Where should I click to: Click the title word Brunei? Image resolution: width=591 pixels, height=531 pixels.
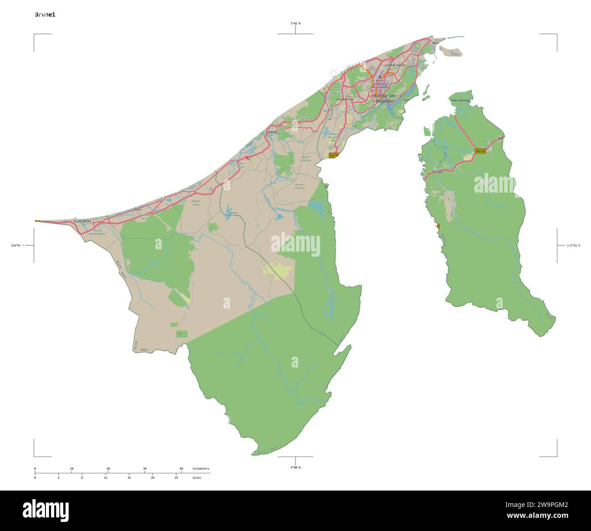pyautogui.click(x=45, y=15)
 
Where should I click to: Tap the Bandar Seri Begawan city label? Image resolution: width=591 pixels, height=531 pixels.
pyautogui.click(x=385, y=98)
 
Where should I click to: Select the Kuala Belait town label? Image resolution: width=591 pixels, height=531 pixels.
pyautogui.click(x=82, y=221)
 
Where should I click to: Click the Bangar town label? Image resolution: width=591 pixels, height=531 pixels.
pyautogui.click(x=438, y=172)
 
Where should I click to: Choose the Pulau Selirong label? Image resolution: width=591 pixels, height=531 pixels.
pyautogui.click(x=459, y=100)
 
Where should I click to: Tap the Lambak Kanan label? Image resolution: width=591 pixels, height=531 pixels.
pyautogui.click(x=395, y=65)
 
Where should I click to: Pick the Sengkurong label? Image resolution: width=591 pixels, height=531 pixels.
pyautogui.click(x=344, y=99)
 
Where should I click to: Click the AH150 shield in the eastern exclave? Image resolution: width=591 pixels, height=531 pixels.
pyautogui.click(x=480, y=151)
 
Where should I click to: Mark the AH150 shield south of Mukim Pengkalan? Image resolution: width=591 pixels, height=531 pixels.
pyautogui.click(x=334, y=155)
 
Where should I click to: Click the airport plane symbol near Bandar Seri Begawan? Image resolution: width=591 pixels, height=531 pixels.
pyautogui.click(x=380, y=77)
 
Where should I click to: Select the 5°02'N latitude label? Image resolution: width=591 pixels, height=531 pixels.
pyautogui.click(x=295, y=23)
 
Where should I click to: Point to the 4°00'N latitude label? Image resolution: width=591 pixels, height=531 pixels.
pyautogui.click(x=295, y=467)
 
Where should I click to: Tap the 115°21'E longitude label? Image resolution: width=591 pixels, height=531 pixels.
pyautogui.click(x=573, y=245)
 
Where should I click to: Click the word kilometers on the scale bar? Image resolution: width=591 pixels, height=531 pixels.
pyautogui.click(x=201, y=468)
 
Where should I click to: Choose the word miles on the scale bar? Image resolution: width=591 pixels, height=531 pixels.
pyautogui.click(x=197, y=478)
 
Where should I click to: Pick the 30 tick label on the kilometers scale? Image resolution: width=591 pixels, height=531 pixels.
pyautogui.click(x=145, y=468)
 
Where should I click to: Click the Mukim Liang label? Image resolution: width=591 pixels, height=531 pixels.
pyautogui.click(x=196, y=203)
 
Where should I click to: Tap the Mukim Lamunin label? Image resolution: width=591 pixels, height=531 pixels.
pyautogui.click(x=299, y=186)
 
